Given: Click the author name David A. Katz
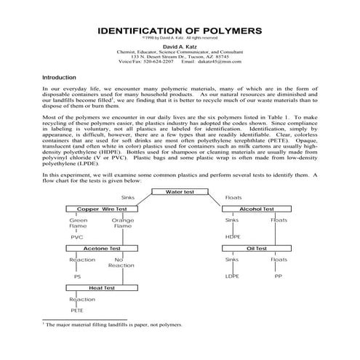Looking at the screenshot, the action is click(x=179, y=46).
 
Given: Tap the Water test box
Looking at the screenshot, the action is click(x=181, y=192).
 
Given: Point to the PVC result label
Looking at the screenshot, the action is click(x=76, y=237).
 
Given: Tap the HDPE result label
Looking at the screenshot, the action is click(x=233, y=237).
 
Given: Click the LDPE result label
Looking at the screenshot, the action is click(x=233, y=277).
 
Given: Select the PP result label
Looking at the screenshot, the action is click(x=278, y=277).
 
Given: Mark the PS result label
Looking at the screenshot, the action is click(x=76, y=277).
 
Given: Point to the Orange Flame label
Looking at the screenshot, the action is click(x=122, y=223).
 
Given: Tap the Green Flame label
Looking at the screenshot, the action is click(x=78, y=223).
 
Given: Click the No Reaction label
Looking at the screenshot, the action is click(x=121, y=263).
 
